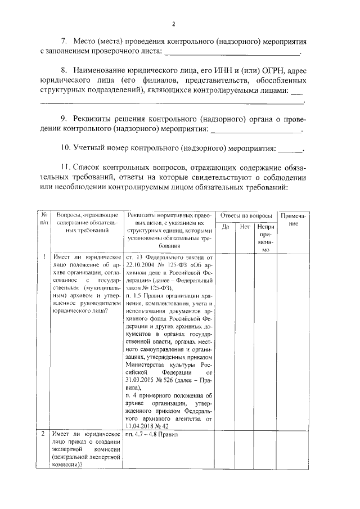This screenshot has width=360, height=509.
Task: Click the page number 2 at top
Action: point(174,24)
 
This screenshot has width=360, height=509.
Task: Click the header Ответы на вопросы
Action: point(246,215)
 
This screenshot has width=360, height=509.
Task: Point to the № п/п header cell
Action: point(44,219)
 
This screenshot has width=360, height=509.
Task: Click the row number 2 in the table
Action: point(44,434)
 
